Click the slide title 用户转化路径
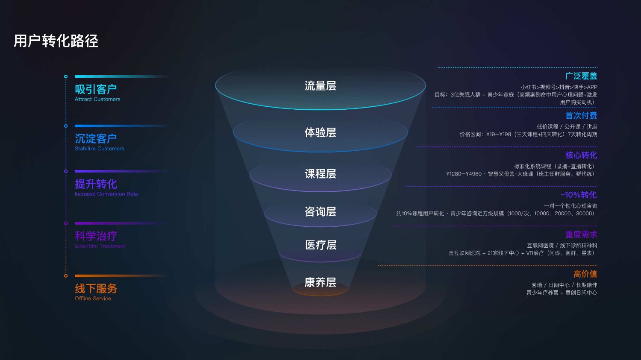(56, 41)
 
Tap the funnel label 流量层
(320, 86)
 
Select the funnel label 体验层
(320, 132)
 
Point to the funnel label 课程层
(320, 174)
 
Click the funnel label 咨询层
(320, 211)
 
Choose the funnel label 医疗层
(320, 245)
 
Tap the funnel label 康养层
(320, 282)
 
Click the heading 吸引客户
(96, 89)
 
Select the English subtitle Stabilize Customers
(99, 149)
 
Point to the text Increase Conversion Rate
(106, 194)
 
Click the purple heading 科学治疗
(96, 236)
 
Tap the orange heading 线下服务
(96, 289)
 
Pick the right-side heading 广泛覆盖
(581, 76)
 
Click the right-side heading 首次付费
(581, 116)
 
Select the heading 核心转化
(581, 155)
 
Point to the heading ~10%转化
(579, 195)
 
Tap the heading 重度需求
(581, 234)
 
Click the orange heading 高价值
(585, 274)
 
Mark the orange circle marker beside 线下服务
(66, 276)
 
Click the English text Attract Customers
(97, 99)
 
